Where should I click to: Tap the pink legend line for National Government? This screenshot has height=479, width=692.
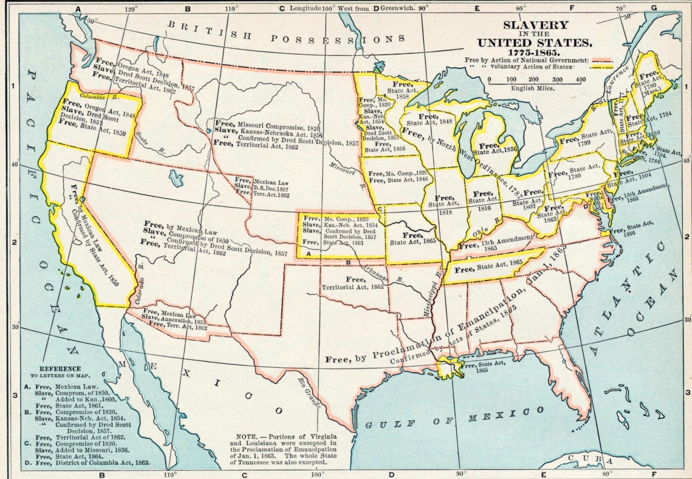(602, 60)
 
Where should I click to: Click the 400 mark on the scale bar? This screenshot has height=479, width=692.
(581, 79)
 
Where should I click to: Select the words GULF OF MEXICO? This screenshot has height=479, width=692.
(454, 418)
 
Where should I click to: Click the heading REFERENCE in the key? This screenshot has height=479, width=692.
(60, 369)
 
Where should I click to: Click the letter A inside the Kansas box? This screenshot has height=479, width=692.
(308, 253)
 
